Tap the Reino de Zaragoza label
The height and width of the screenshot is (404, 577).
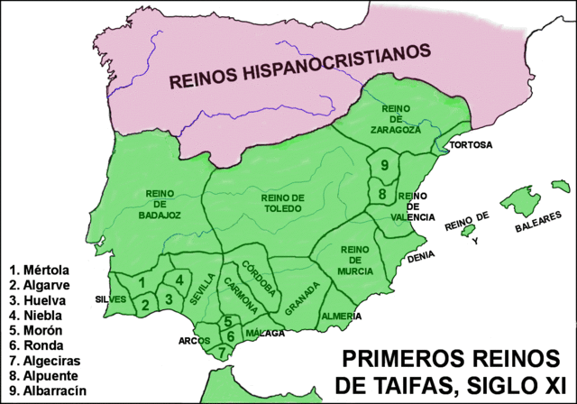point(395,119)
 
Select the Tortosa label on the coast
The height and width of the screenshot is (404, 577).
point(471,144)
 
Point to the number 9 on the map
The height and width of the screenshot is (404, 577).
point(384,165)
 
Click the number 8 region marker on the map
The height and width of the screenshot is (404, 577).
point(382,194)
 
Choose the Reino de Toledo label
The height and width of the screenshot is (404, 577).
point(282,204)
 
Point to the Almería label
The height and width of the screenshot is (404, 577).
point(343,316)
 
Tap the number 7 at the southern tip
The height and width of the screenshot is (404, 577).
point(222,353)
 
